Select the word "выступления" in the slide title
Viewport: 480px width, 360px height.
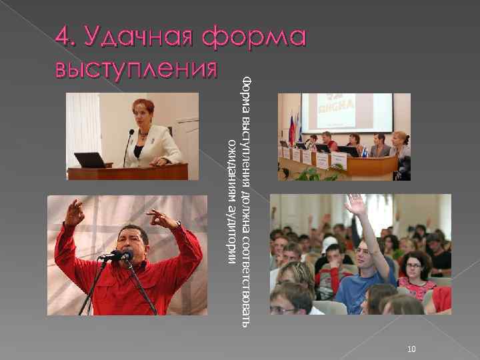click(136, 69)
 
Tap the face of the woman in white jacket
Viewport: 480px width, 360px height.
click(144, 113)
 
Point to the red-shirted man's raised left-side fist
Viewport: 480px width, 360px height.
click(75, 212)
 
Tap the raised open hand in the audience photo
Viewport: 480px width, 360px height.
click(356, 205)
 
